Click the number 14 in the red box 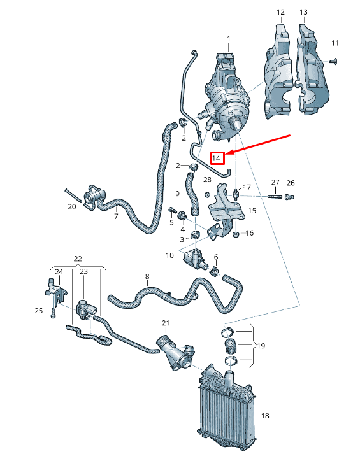217,157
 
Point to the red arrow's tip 227,153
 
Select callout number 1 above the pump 229,39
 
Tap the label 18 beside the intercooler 266,416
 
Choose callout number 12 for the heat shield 280,12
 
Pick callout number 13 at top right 303,12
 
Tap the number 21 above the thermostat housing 166,323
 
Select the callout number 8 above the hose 147,276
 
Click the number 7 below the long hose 116,217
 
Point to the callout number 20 71,207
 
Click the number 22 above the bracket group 78,259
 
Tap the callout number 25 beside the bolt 38,311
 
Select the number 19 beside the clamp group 261,346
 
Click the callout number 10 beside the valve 170,255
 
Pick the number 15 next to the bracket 252,211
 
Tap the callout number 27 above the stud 275,183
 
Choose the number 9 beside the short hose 178,194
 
